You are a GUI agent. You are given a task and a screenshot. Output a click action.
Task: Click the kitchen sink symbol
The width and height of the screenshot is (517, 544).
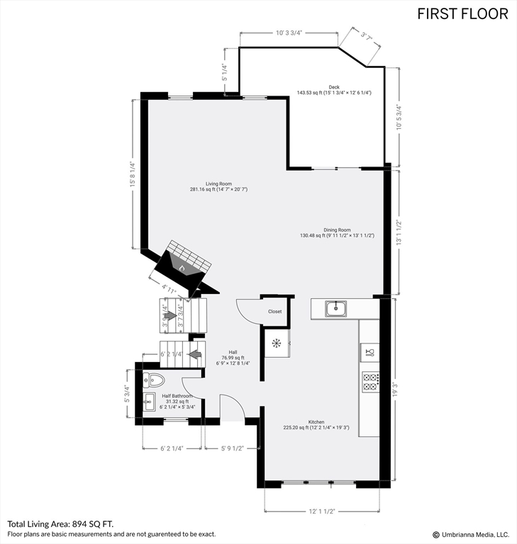coord(335,308)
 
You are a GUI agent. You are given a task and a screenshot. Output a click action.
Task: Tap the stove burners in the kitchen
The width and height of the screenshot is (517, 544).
coord(370,382)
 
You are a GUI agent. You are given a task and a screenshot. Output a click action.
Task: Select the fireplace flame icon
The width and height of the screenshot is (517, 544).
coord(182,268)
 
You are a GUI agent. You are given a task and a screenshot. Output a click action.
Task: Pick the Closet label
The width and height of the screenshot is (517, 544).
coord(274,312)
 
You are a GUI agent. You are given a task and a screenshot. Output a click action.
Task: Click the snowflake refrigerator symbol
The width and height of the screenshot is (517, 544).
coord(276,344)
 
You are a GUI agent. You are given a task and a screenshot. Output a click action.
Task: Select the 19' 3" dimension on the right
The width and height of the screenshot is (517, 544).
coord(396,389)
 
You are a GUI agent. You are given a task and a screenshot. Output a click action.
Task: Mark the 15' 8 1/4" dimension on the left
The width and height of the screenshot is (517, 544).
coord(132,174)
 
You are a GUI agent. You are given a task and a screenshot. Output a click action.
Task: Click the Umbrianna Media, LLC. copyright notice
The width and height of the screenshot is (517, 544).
coord(471,534)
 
